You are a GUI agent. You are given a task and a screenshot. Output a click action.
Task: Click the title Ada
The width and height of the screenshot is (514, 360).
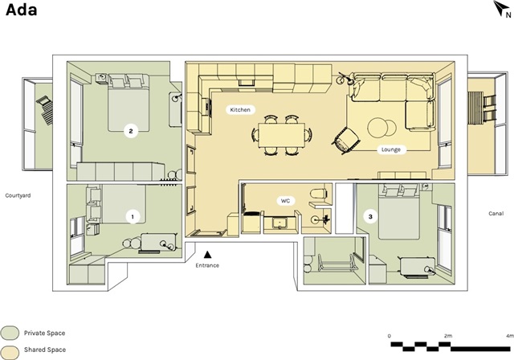tap(22, 10)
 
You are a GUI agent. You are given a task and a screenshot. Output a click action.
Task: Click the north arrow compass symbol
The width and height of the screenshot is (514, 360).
tap(501, 8)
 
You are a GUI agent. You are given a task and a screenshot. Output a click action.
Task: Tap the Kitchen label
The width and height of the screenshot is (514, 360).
tap(240, 110)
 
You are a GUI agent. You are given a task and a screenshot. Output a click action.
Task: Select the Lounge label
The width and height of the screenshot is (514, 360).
tap(391, 149)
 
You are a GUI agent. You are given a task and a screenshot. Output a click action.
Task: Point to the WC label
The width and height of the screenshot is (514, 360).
tap(286, 201)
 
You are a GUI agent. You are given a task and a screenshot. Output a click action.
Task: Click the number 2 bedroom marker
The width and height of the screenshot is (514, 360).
tap(131, 132)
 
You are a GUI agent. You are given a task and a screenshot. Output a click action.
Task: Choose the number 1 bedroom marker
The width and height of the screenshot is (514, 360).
tap(133, 217)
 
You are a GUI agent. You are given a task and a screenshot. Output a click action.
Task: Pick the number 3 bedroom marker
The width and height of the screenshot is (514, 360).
tap(370, 216)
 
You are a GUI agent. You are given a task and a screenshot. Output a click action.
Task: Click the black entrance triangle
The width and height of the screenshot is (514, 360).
tap(207, 255)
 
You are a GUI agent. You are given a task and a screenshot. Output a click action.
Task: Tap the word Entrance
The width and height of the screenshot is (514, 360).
tap(207, 265)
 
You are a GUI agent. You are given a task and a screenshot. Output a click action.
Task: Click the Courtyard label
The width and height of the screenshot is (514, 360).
tap(18, 196)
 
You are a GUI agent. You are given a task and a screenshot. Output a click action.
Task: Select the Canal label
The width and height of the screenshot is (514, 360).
tap(496, 214)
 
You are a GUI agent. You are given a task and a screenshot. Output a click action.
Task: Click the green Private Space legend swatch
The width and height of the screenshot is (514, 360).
tap(10, 333)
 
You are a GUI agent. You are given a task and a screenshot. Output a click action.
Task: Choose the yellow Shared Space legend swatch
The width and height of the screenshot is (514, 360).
tap(10, 350)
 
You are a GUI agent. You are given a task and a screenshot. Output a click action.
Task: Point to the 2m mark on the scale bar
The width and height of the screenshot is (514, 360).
tap(448, 336)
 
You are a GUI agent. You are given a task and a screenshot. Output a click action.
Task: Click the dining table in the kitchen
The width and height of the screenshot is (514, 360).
tap(282, 135)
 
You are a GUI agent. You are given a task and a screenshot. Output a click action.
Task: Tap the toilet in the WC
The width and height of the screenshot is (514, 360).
tap(318, 193)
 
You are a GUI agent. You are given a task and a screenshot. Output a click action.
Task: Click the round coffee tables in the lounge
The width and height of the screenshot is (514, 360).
tap(382, 128)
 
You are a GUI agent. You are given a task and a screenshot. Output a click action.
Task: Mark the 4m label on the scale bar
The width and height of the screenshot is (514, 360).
tap(510, 336)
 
